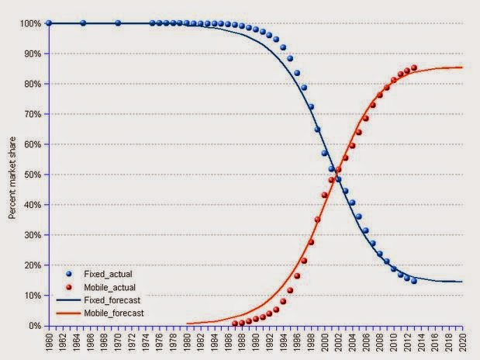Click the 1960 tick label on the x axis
[49, 341]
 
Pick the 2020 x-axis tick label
[463, 341]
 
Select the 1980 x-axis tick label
[187, 341]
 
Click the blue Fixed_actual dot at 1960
[49, 23]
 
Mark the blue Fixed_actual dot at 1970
[118, 23]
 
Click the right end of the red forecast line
[463, 67]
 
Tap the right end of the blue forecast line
[463, 282]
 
